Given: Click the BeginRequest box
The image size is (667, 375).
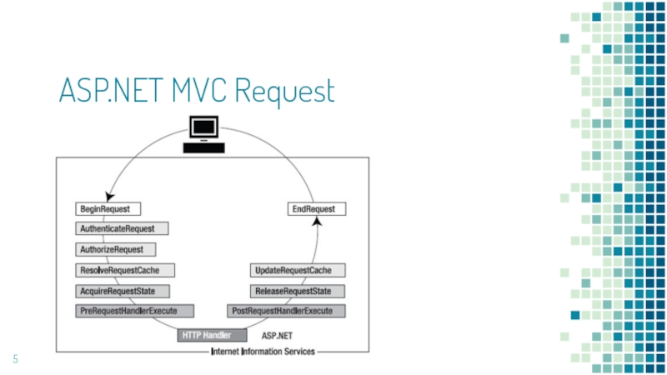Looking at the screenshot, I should pyautogui.click(x=108, y=208).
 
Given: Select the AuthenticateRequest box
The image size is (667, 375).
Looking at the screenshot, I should pyautogui.click(x=122, y=228).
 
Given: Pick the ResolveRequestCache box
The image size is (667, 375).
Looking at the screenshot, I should pyautogui.click(x=125, y=270).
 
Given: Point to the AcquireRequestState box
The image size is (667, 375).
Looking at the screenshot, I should pyautogui.click(x=123, y=291).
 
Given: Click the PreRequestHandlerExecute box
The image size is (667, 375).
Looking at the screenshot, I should pyautogui.click(x=134, y=311).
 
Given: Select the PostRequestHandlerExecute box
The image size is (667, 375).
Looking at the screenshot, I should pyautogui.click(x=286, y=311).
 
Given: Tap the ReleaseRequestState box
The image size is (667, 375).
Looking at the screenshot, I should pyautogui.click(x=298, y=291).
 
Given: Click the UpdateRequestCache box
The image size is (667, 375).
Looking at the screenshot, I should pyautogui.click(x=298, y=270).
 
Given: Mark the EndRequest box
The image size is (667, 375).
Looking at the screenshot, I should pyautogui.click(x=317, y=208).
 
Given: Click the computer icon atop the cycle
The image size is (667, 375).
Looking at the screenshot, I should pyautogui.click(x=203, y=133).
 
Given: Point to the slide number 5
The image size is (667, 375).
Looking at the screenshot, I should pyautogui.click(x=14, y=359).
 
